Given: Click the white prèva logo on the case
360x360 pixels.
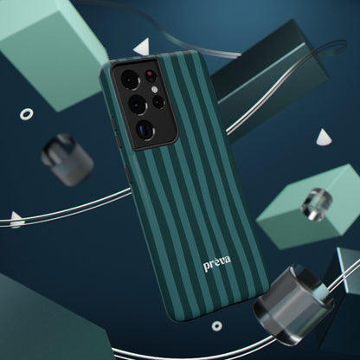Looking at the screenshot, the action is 217,263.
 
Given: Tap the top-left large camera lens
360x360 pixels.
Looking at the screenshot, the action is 130,79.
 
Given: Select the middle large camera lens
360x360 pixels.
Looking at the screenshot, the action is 138,105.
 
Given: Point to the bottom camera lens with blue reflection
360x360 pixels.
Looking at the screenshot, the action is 145,131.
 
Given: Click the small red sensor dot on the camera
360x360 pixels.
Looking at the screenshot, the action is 150,74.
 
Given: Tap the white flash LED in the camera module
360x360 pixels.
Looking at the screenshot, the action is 154,90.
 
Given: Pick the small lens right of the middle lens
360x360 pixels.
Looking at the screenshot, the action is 158,102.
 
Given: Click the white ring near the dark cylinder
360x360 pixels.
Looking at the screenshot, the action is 26,114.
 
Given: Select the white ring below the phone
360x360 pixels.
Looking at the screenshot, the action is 217,326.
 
